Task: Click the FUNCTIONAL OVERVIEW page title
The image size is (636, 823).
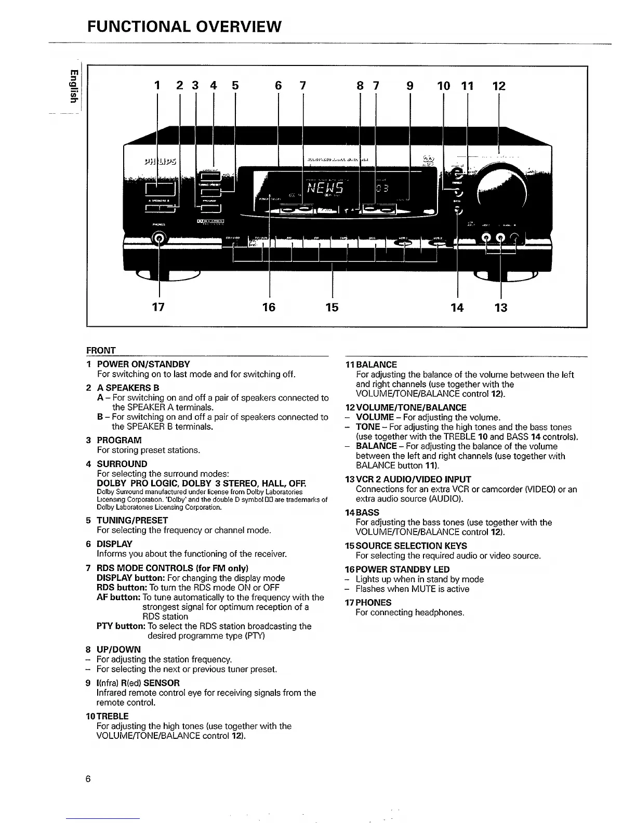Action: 184,25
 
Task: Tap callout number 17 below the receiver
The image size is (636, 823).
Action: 158,307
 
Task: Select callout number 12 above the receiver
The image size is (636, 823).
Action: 498,86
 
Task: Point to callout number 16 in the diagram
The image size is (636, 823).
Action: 269,307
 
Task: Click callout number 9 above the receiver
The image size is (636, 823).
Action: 410,86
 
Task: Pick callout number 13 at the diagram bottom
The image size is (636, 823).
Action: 500,307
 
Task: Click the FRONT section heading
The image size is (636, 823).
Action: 101,350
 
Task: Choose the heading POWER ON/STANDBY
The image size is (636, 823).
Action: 143,364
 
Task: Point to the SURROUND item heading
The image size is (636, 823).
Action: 122,463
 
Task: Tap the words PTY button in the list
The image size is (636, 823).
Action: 121,626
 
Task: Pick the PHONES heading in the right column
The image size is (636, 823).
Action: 373,602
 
